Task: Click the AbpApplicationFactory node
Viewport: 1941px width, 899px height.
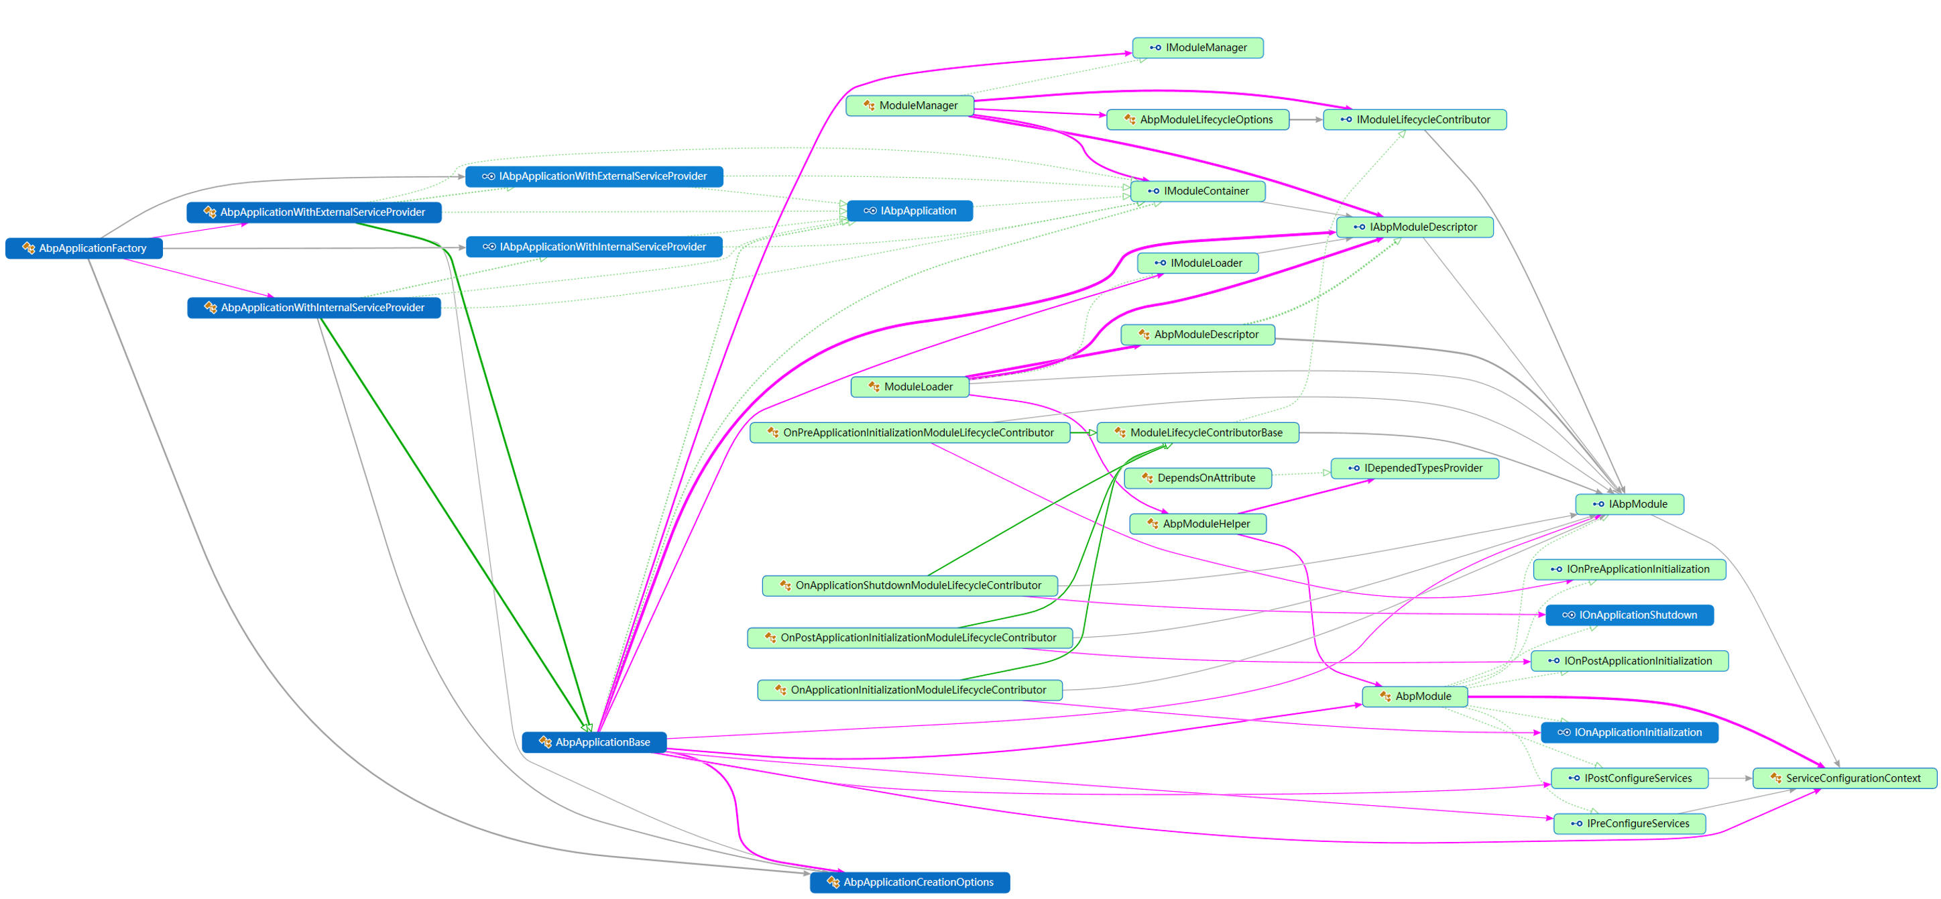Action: click(x=84, y=248)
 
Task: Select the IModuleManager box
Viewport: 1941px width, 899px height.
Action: click(x=1197, y=48)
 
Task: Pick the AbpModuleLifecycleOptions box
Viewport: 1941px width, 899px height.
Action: click(x=1197, y=119)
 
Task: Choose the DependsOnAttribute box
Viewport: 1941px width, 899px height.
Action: click(x=1197, y=478)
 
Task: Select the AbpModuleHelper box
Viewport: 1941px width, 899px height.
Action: click(x=1197, y=524)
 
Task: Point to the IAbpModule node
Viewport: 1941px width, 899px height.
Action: click(x=1629, y=504)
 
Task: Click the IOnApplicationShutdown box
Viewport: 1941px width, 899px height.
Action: click(x=1629, y=615)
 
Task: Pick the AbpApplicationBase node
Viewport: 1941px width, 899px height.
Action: click(x=594, y=742)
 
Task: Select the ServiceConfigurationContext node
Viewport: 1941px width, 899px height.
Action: click(x=1844, y=778)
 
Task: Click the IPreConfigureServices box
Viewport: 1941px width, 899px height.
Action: click(x=1629, y=824)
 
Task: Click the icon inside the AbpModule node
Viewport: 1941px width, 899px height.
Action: click(x=1385, y=697)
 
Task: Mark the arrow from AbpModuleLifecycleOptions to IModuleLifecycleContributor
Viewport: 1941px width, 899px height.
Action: click(x=1306, y=119)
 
